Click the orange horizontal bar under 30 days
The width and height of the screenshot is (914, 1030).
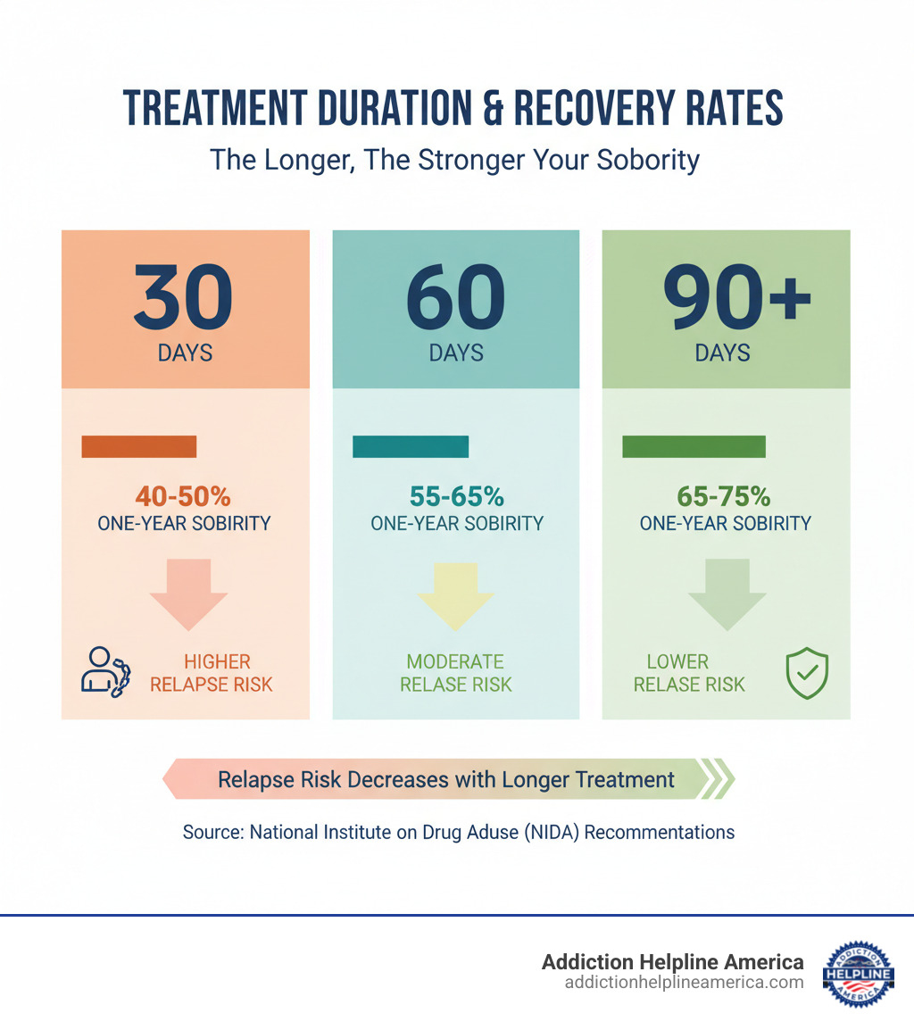[138, 446]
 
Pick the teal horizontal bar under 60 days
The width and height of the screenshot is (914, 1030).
[411, 446]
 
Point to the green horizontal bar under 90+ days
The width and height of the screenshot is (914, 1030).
[694, 446]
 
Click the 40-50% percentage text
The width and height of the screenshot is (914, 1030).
[183, 496]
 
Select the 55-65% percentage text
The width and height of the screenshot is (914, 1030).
[456, 496]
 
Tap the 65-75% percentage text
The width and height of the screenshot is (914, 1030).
[725, 496]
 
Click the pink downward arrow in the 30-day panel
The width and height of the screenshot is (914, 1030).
[188, 594]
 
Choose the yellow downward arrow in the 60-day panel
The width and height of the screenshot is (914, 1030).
[456, 594]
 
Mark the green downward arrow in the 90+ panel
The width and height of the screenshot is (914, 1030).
[727, 594]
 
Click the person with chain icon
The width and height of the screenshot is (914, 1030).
[104, 671]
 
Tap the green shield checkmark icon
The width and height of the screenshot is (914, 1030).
[806, 674]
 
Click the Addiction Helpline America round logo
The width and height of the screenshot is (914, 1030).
[858, 972]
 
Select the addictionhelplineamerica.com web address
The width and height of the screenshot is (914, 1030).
[684, 982]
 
